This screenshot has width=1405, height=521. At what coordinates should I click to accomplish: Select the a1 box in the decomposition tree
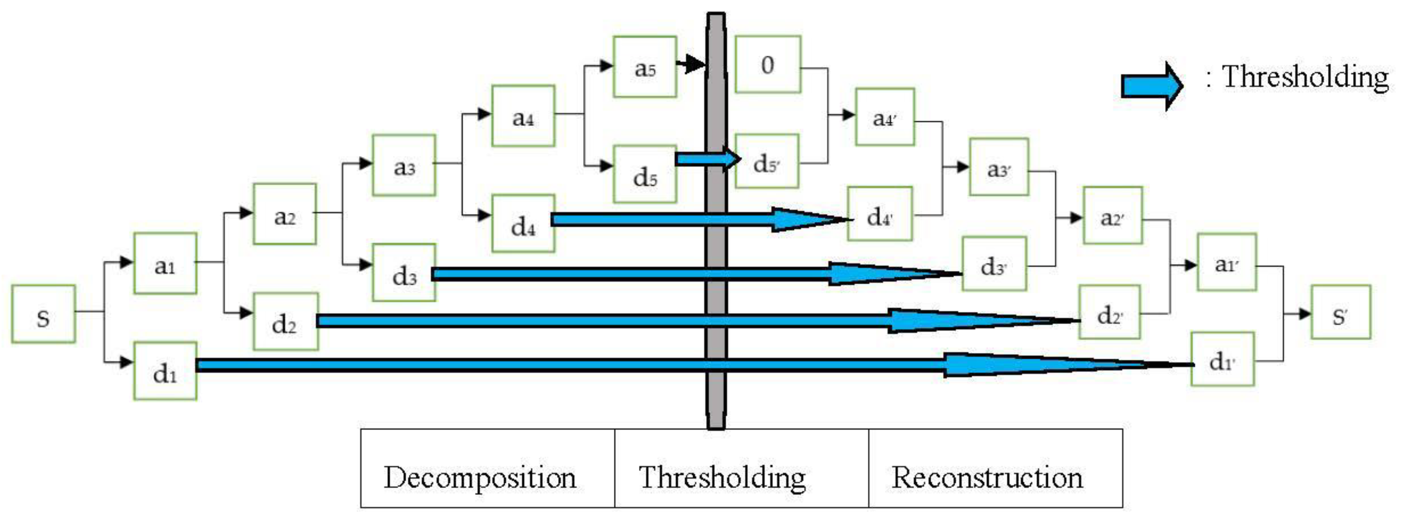[165, 264]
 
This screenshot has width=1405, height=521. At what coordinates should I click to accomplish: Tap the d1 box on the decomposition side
[165, 371]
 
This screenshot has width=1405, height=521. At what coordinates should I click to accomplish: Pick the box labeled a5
[645, 67]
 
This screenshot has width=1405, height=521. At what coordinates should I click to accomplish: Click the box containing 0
[767, 65]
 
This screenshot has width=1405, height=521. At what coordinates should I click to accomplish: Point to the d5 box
[645, 175]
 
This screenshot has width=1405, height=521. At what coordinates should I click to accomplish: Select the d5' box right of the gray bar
[766, 162]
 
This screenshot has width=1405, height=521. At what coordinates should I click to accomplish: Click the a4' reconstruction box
[885, 117]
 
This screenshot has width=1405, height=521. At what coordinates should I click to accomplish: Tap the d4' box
[879, 214]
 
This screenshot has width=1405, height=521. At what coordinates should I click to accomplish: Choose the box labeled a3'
[999, 167]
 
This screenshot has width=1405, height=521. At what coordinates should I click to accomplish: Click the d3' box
[994, 264]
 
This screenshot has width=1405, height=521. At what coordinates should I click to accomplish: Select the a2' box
[1112, 216]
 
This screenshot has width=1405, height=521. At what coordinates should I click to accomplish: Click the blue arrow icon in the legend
[1151, 86]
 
